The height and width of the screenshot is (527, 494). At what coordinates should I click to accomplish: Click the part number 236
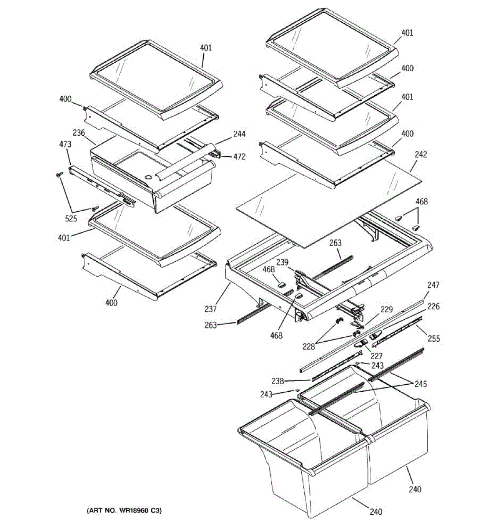(79, 133)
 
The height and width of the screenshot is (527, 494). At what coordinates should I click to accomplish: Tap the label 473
(65, 144)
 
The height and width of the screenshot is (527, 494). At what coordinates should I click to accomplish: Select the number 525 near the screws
(71, 219)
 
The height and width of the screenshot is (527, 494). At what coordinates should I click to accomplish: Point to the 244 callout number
(239, 134)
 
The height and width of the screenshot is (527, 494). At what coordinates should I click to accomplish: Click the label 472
(239, 156)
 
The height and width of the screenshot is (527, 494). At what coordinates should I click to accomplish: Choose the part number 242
(420, 155)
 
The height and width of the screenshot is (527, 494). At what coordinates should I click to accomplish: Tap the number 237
(210, 309)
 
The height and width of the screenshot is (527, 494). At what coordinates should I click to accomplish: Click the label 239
(282, 262)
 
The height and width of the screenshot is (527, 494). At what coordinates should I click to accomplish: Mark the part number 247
(433, 285)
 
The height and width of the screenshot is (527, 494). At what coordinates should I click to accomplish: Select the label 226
(433, 307)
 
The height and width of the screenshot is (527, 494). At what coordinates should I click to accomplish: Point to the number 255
(434, 339)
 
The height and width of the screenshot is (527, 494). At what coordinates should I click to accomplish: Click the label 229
(386, 310)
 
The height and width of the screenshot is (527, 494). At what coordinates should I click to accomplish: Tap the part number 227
(376, 356)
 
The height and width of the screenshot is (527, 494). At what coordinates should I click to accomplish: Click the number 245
(420, 384)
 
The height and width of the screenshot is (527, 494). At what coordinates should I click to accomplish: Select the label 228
(309, 347)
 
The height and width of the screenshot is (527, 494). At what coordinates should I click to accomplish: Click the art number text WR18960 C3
(124, 511)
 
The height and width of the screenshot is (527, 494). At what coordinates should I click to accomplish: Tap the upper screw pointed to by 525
(58, 175)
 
